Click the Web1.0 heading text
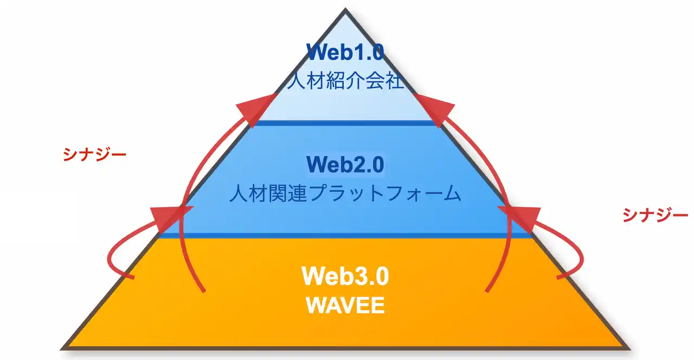(345, 52)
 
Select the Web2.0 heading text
(345, 164)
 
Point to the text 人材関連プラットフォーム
(345, 194)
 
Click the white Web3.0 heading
(345, 276)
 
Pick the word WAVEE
(345, 305)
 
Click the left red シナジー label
(95, 155)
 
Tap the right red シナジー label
(655, 215)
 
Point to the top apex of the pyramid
(345, 10)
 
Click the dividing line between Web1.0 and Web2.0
(345, 123)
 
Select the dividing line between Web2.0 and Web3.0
(345, 235)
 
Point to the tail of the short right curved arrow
(560, 277)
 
